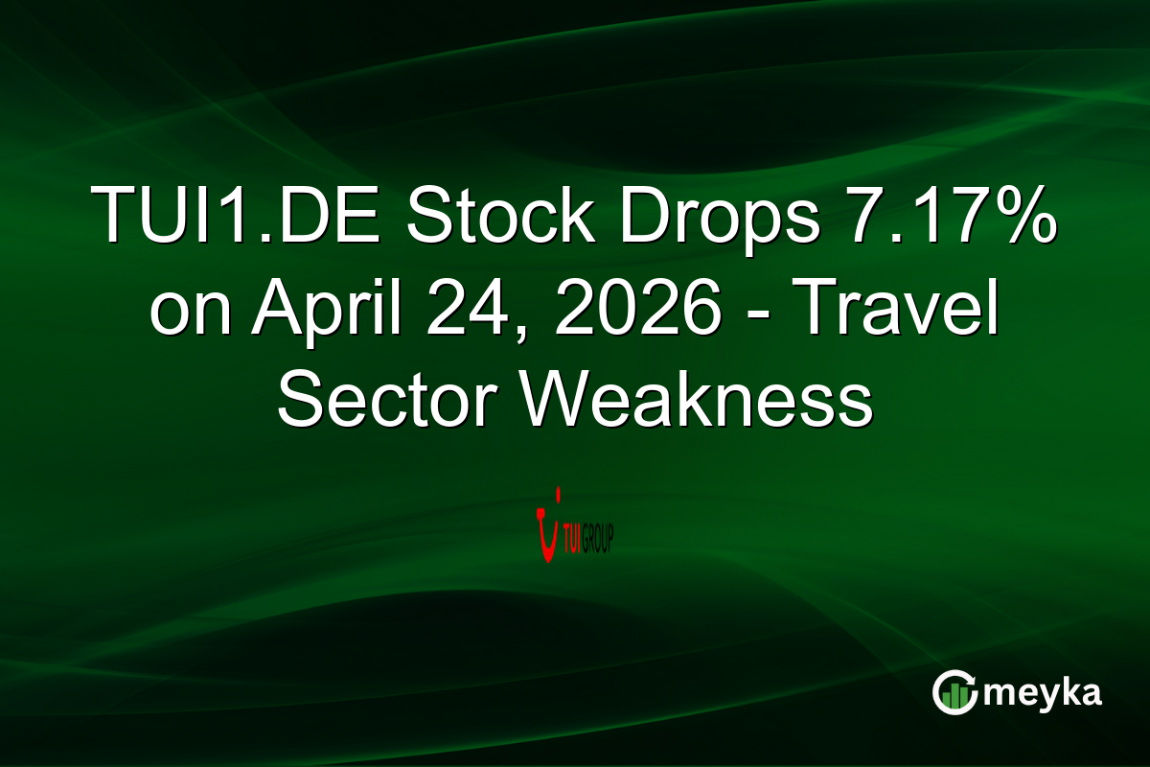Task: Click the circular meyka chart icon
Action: click(x=954, y=691)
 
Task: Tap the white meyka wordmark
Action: click(x=1042, y=692)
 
